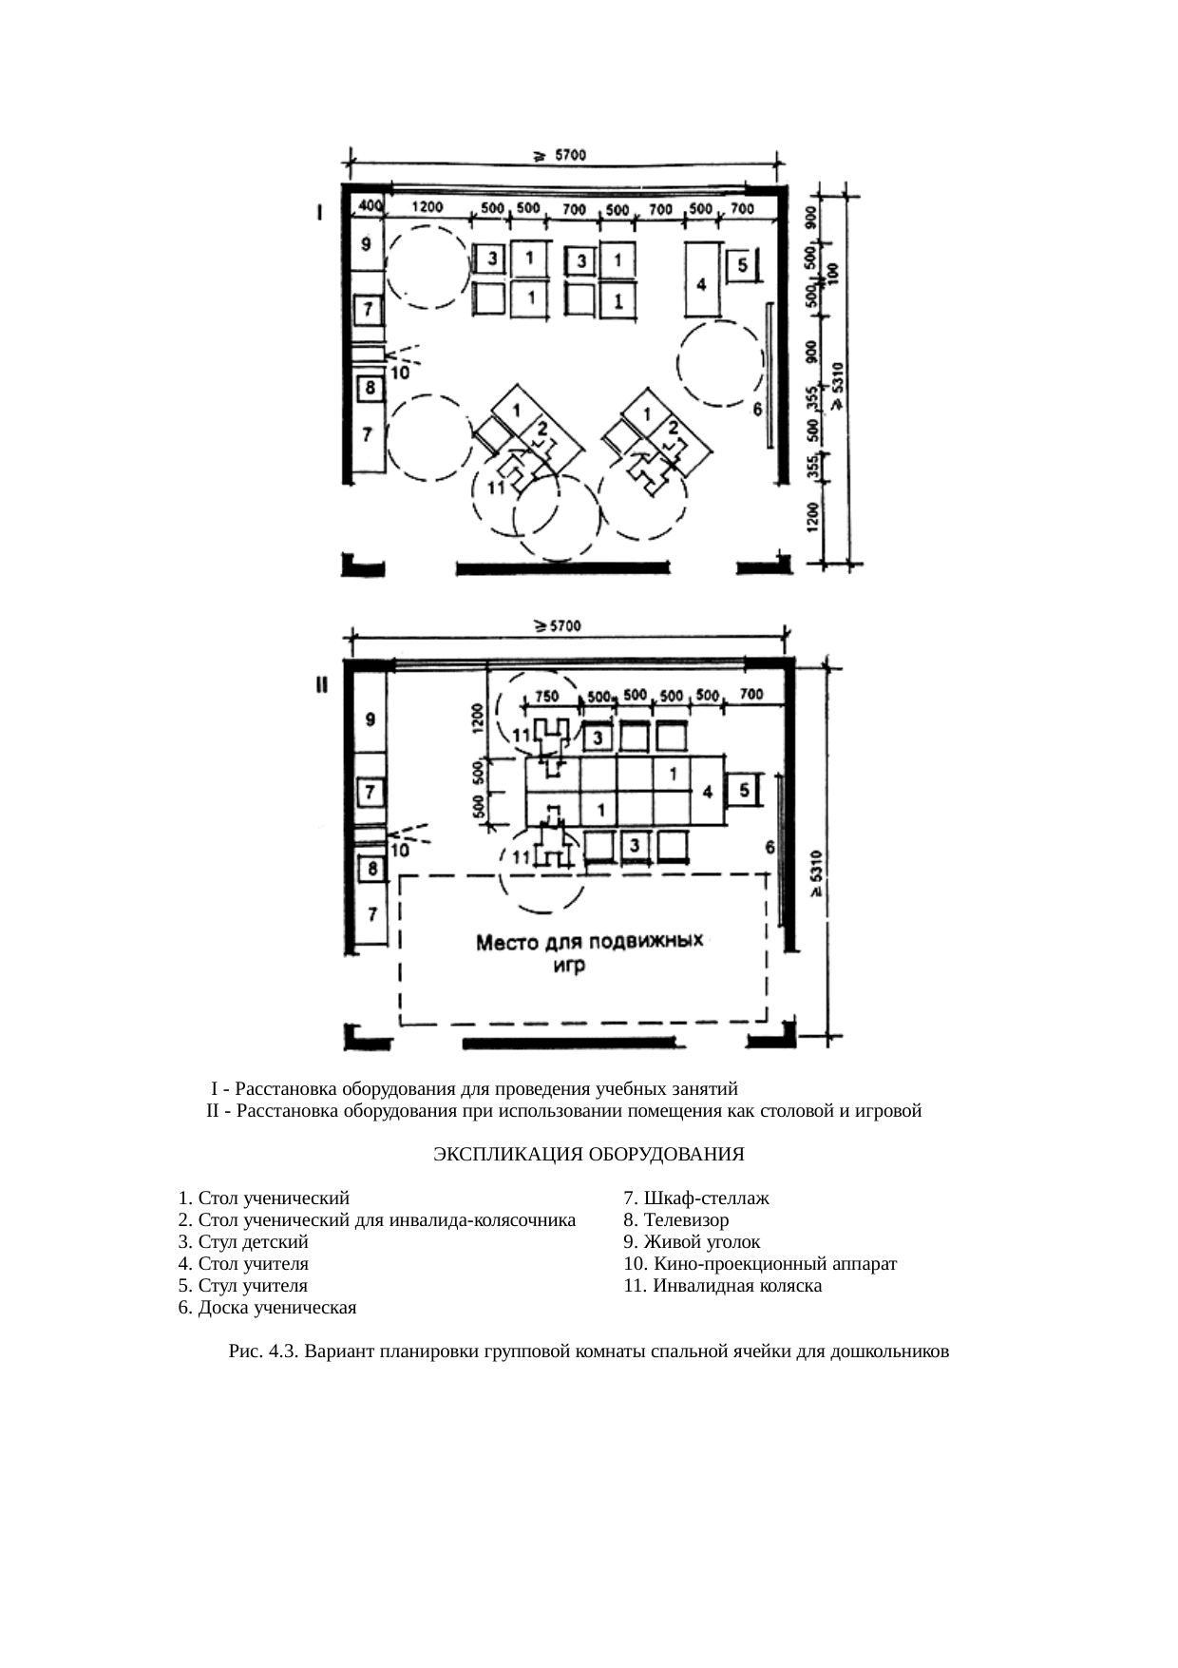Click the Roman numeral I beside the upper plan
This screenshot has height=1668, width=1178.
pos(321,214)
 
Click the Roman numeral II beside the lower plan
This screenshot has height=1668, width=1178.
pos(322,685)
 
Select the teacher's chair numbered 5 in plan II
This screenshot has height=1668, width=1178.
pos(744,790)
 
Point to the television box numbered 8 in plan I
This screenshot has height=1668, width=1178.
pos(369,388)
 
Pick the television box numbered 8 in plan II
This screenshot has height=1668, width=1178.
pos(371,868)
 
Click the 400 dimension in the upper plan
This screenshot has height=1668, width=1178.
pos(368,206)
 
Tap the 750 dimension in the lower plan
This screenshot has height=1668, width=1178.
pos(546,696)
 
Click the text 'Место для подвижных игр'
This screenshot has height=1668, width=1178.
pos(589,953)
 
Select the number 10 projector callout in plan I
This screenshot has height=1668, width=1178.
pos(400,374)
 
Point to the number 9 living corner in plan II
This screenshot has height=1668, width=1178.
pos(370,719)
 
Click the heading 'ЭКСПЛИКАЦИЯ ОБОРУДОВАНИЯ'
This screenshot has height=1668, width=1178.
pos(588,1155)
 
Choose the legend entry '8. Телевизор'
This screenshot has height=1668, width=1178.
pos(676,1219)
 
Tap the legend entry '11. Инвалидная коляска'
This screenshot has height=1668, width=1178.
pos(723,1286)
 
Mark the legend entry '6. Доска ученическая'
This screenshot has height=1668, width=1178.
pos(267,1308)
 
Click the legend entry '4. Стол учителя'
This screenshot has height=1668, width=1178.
pos(243,1264)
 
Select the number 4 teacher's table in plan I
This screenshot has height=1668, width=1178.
pos(701,283)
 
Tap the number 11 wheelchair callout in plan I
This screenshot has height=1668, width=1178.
pos(494,489)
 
